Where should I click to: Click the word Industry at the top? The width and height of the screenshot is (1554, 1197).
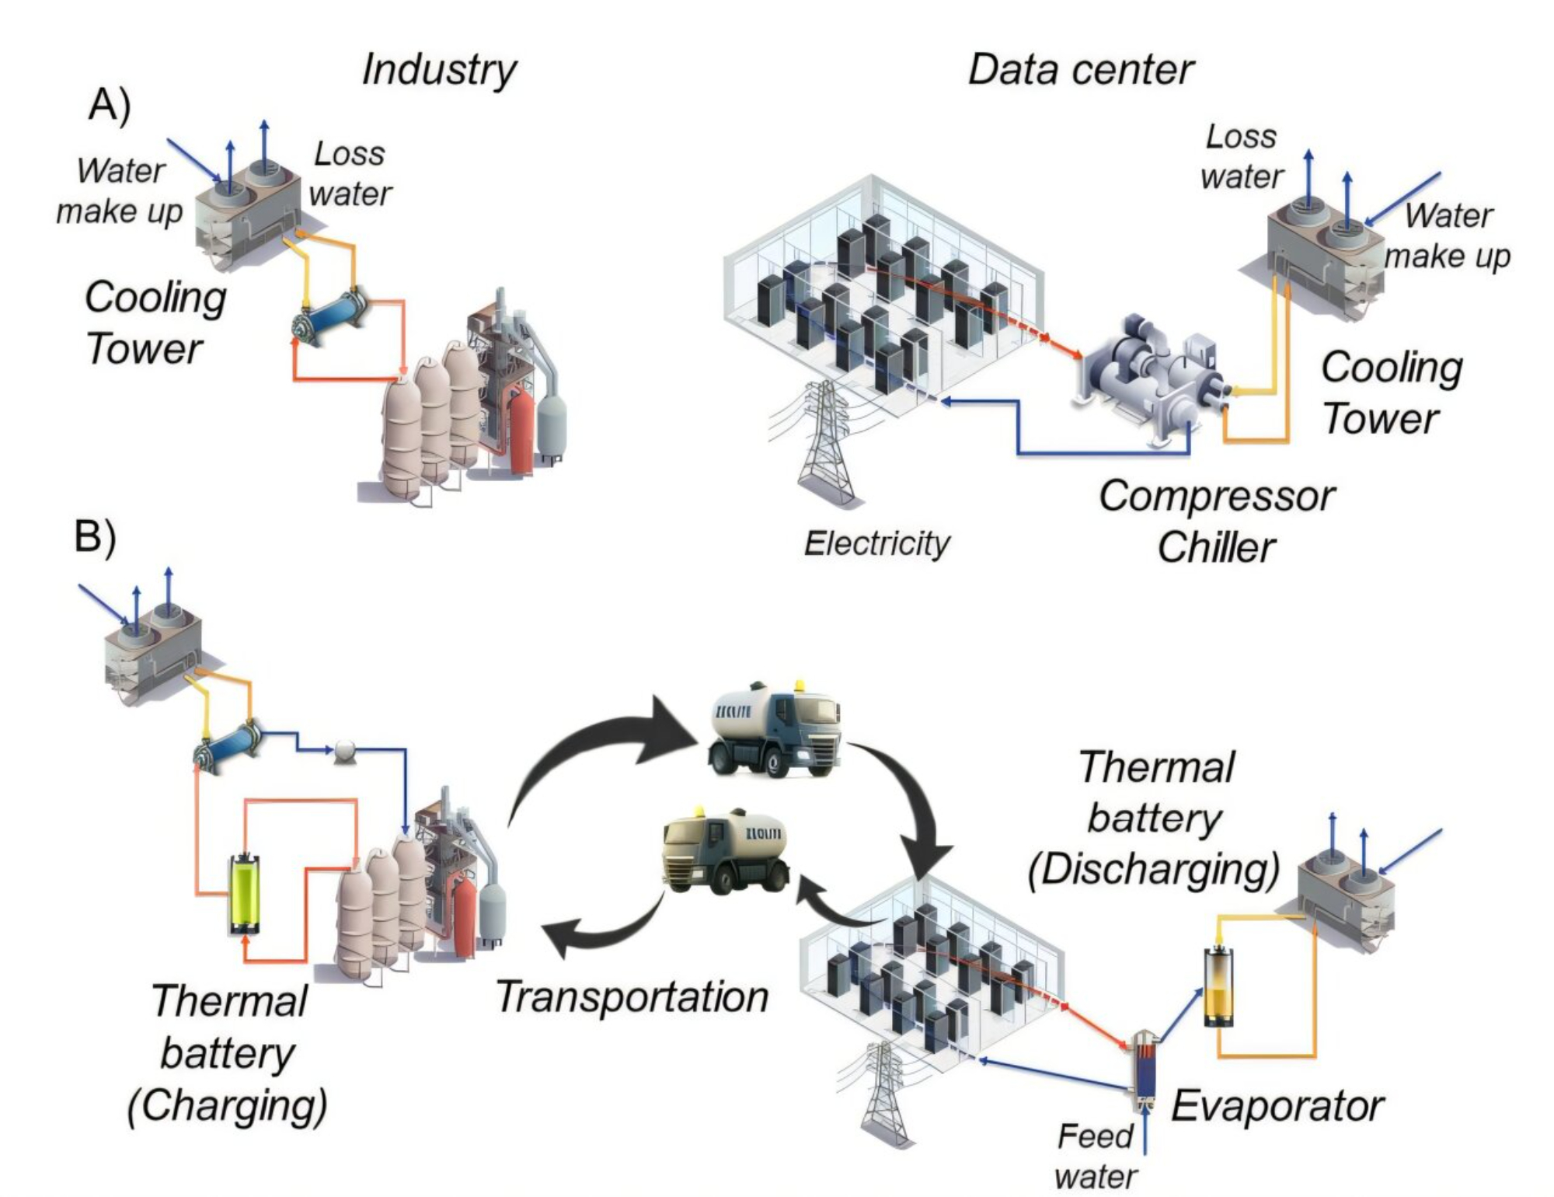439,70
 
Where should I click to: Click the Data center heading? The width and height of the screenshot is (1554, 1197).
1080,70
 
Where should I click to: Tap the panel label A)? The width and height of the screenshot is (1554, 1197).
109,105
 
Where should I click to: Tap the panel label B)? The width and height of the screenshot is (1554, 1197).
95,536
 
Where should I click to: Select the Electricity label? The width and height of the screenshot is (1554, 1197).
876,543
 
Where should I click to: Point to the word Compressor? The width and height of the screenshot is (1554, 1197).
1217,496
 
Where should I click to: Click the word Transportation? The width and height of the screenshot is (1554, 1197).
632,997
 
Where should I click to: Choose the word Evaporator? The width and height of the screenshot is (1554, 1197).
1277,1106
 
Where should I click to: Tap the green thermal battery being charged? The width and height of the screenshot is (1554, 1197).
245,894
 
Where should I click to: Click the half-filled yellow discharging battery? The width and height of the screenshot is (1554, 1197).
1218,987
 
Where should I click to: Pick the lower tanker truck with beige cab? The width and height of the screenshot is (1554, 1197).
724,851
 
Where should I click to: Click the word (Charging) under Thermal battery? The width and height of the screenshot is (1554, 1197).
227,1106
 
